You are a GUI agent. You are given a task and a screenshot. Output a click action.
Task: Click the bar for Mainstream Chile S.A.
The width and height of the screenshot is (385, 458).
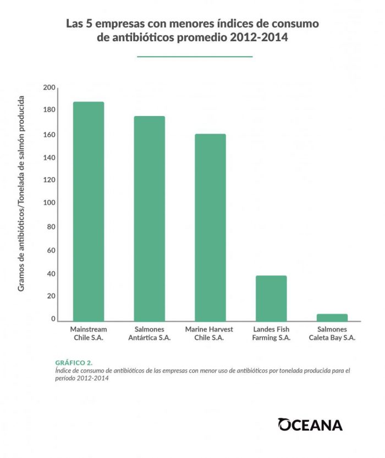(x=89, y=211)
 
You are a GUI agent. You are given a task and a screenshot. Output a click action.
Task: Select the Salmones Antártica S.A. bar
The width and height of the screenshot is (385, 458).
(x=150, y=218)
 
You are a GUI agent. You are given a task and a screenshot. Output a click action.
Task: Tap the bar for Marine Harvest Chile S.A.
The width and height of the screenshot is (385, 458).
(x=210, y=227)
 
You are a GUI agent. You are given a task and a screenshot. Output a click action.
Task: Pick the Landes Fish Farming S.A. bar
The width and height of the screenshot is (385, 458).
(x=271, y=298)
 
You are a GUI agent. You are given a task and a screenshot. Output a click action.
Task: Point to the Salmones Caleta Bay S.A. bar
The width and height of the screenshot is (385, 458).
(x=332, y=317)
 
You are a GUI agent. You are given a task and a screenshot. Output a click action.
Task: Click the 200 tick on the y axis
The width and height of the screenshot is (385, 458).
(x=49, y=87)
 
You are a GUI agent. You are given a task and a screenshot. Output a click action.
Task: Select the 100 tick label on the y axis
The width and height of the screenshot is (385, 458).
(x=49, y=203)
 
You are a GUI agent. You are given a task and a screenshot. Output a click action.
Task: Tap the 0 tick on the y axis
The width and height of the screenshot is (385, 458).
(x=53, y=319)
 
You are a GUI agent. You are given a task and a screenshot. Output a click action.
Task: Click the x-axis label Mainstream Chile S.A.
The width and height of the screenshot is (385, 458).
(x=89, y=333)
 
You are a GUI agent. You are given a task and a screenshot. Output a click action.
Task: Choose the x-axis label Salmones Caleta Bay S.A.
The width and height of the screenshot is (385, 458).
(x=332, y=333)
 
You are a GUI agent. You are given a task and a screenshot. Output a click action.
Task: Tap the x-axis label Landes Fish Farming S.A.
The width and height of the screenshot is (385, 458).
(x=271, y=333)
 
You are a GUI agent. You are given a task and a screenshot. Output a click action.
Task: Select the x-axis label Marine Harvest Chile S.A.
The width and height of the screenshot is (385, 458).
(x=210, y=333)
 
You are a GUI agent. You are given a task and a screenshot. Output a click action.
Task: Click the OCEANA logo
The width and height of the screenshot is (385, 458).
(x=310, y=424)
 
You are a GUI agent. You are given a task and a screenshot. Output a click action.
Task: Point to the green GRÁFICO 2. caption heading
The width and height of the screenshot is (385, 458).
(x=74, y=363)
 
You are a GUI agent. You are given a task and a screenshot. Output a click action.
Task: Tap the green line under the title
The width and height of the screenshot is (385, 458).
(x=194, y=56)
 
